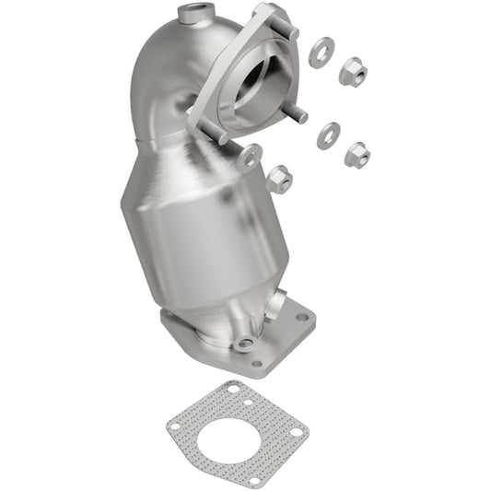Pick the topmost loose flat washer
click(x=321, y=53)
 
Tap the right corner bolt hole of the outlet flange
click(x=302, y=317)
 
